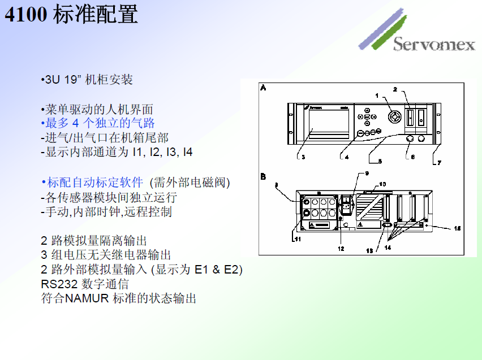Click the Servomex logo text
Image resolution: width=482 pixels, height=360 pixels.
click(434, 44)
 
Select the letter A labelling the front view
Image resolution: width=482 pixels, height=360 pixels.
click(264, 88)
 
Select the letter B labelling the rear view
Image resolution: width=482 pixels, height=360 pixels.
click(264, 176)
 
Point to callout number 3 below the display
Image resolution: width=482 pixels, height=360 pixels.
click(304, 157)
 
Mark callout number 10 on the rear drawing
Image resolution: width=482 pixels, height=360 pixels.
click(382, 184)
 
